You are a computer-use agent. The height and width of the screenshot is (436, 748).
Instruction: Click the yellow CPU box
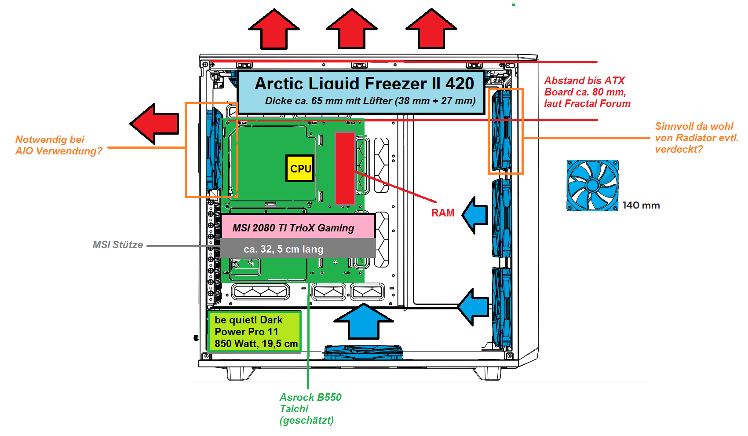(x=300, y=168)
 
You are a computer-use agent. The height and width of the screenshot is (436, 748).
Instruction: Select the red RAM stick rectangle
(x=345, y=168)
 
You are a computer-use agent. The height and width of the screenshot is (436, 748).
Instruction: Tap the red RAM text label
(x=443, y=213)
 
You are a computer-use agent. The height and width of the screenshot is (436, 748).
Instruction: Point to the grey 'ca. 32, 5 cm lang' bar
(x=298, y=249)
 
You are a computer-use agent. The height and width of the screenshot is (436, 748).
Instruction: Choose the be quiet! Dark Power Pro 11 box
(x=254, y=332)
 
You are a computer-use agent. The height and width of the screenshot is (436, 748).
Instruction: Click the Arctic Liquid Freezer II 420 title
(x=364, y=84)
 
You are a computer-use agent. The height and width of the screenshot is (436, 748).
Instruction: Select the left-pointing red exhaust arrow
(x=155, y=124)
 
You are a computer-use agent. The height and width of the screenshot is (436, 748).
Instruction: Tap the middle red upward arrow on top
(x=352, y=29)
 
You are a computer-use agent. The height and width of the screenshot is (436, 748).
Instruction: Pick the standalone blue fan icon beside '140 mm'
(x=592, y=185)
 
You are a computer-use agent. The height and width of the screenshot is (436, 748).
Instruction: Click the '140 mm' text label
(x=641, y=205)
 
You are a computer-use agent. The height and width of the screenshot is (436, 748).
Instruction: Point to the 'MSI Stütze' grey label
(x=118, y=245)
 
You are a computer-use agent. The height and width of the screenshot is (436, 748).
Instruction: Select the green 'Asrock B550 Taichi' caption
(x=310, y=409)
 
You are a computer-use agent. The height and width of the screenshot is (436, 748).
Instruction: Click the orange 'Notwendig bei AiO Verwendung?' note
(x=58, y=145)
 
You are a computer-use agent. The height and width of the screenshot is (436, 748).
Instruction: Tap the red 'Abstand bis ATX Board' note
(x=587, y=92)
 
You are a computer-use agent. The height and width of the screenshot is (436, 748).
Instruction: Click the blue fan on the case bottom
(x=363, y=352)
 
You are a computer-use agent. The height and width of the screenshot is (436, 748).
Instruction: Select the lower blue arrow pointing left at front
(x=473, y=307)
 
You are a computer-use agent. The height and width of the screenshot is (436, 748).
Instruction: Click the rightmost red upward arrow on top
(x=431, y=29)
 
